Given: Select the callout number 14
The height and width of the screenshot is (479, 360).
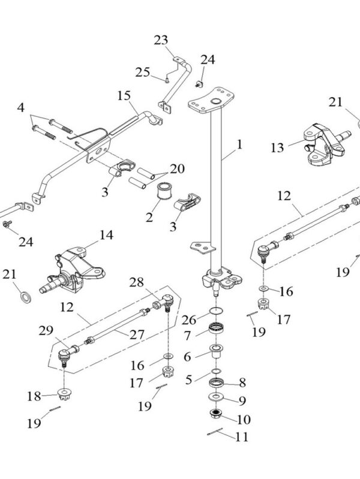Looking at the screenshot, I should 106,235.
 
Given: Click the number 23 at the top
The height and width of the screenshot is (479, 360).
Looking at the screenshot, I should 160,41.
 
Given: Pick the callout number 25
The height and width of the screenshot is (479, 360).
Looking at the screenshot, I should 142,73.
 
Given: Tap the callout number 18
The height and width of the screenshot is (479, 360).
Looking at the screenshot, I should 34,396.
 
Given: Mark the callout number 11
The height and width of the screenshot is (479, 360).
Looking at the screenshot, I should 241,437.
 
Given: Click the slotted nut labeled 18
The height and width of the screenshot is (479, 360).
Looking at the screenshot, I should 64,394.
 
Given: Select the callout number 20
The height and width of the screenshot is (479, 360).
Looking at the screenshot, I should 178,168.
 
